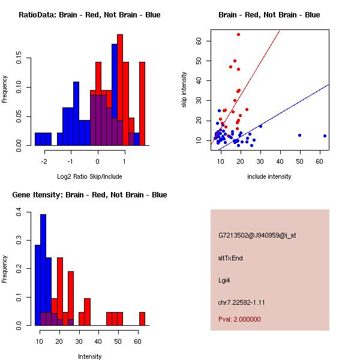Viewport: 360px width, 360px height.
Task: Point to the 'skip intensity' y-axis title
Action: click(185, 90)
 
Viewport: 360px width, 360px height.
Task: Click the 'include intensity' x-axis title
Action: click(269, 176)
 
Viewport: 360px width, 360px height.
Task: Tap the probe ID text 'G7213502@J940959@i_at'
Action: click(257, 235)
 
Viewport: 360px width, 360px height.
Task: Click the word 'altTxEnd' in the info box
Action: click(230, 258)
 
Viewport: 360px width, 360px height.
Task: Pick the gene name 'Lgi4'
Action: click(224, 280)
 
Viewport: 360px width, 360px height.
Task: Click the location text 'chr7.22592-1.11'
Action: click(241, 302)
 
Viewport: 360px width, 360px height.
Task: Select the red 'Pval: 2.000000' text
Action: click(239, 319)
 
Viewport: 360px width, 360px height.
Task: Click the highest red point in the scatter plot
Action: click(238, 34)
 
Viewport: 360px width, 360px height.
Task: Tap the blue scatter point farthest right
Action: click(325, 136)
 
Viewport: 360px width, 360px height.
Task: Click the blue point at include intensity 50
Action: click(299, 135)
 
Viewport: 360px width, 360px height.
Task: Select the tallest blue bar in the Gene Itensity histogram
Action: click(43, 270)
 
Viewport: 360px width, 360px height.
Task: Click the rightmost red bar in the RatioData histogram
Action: click(142, 103)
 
